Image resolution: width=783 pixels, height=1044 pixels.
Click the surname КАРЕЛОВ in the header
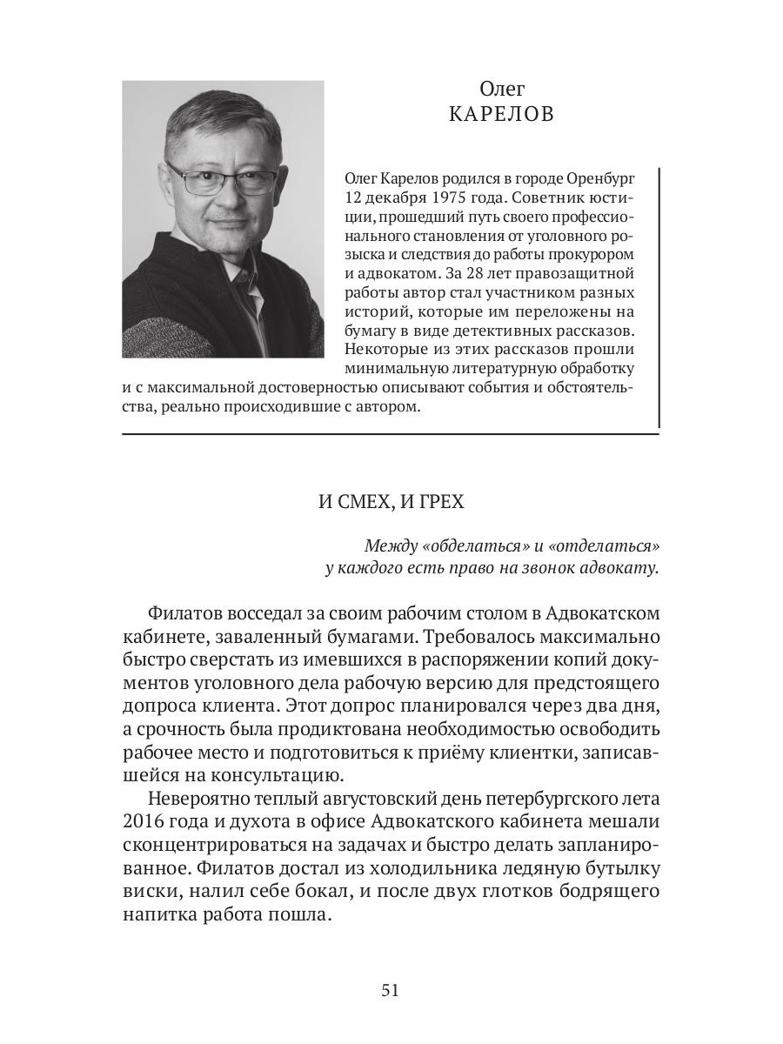502,115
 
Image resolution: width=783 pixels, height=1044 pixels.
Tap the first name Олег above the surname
502,88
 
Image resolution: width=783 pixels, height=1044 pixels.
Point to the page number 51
391,990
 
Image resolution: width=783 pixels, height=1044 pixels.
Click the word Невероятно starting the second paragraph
202,800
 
